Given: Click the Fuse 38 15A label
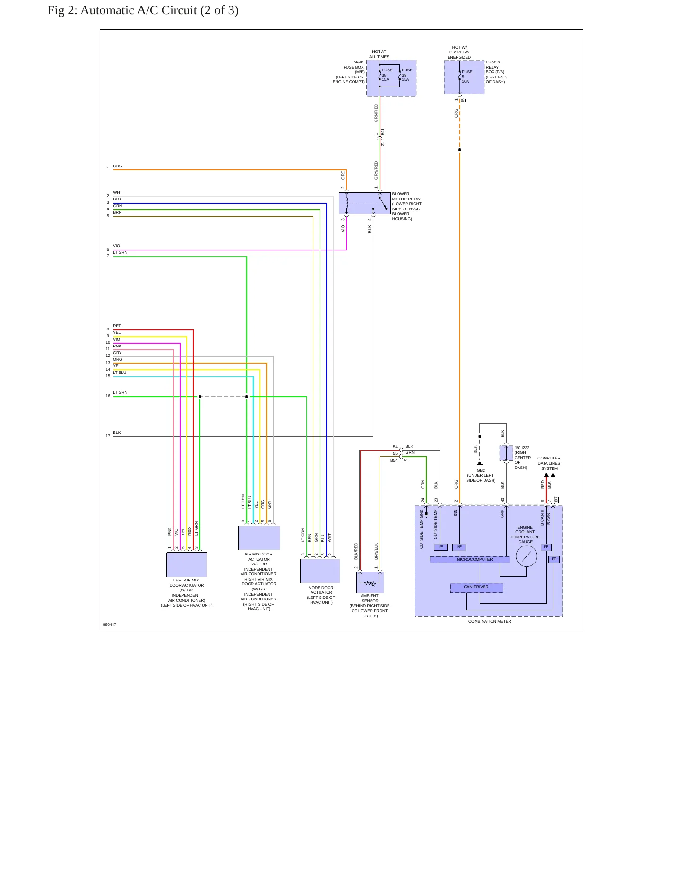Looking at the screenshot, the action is [387, 75].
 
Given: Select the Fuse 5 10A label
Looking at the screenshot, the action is [467, 77].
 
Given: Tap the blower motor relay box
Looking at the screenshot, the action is [364, 203].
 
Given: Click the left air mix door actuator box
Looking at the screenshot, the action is [187, 564].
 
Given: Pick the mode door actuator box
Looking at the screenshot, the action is [320, 571].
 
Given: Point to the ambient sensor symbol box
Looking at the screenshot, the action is [370, 582].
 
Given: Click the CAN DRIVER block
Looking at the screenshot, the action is [476, 587].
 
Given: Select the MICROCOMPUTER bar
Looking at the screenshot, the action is [470, 560].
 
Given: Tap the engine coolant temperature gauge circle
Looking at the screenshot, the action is [527, 556].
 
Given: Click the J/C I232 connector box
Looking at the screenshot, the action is [506, 453].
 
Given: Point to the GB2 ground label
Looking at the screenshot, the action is [481, 470].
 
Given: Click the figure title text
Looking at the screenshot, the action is [143, 10].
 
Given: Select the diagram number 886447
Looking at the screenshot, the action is [110, 624].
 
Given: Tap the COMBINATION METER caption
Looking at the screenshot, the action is [490, 621].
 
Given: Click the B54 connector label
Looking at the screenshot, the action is [394, 460].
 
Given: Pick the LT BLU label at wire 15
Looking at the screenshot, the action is [120, 373].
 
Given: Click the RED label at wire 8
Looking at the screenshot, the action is [117, 326].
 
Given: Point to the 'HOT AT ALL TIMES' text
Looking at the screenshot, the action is [379, 54].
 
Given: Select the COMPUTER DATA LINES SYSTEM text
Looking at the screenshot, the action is [549, 463].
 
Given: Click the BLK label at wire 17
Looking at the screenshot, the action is [117, 433].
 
